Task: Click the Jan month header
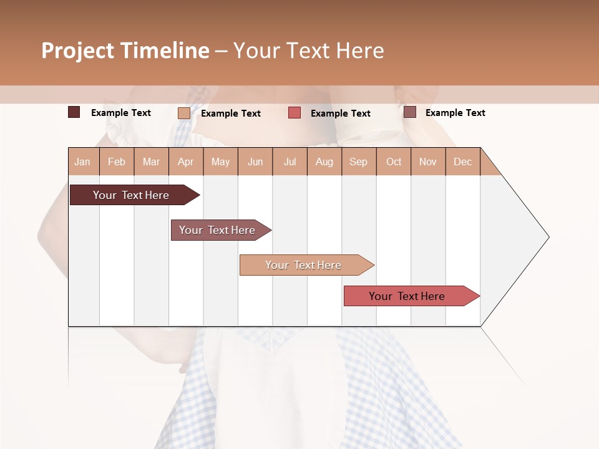[83, 162]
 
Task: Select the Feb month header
[117, 162]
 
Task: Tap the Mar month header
[151, 162]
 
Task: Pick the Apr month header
[186, 162]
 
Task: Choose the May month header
[220, 162]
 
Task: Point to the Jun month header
[255, 162]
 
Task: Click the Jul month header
[290, 162]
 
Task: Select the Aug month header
[324, 162]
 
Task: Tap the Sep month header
[359, 162]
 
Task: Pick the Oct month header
[394, 162]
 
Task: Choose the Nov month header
[428, 162]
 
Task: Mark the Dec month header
[463, 162]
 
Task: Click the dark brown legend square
[74, 112]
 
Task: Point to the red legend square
[295, 113]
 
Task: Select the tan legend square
[184, 113]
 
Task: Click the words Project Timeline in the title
[125, 51]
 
